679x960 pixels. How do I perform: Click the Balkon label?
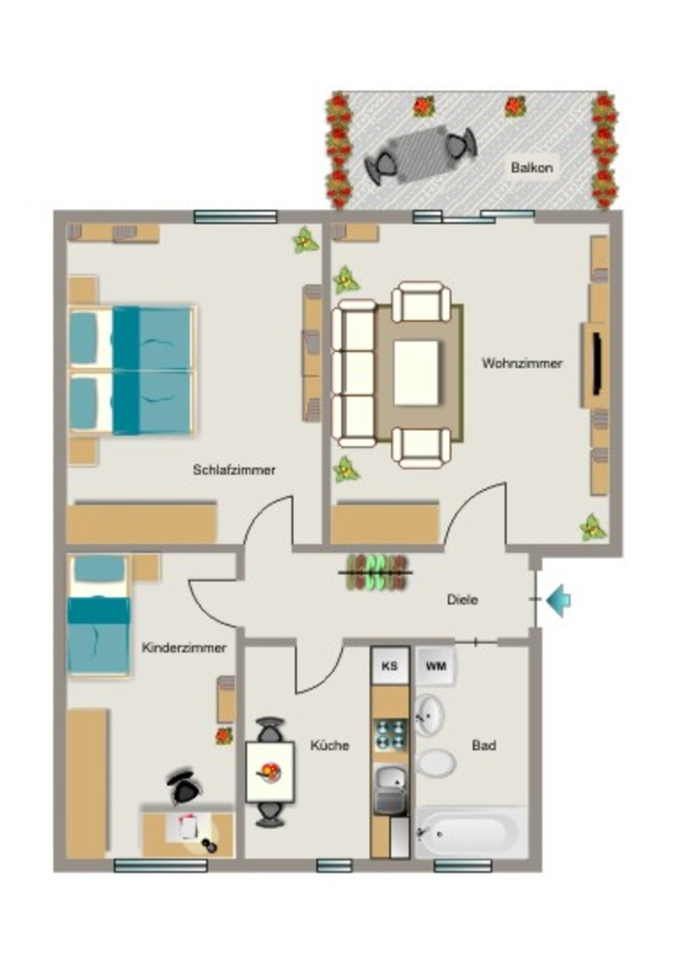click(x=532, y=167)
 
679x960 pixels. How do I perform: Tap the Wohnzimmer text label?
click(x=521, y=363)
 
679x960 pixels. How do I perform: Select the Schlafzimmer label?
click(x=234, y=470)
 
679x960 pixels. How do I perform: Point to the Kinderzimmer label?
click(x=184, y=647)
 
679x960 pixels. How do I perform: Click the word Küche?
click(x=329, y=745)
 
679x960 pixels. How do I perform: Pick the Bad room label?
click(x=484, y=745)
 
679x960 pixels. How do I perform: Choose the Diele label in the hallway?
click(x=462, y=599)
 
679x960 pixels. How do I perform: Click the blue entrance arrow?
click(x=558, y=600)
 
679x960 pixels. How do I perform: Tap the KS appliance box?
click(x=389, y=666)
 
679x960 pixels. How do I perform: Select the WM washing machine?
click(x=435, y=667)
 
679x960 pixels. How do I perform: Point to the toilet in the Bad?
click(x=436, y=763)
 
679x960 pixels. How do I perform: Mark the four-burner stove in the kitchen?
click(x=391, y=735)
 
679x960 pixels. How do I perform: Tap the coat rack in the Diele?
click(x=376, y=573)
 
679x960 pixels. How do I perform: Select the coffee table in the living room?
click(x=416, y=373)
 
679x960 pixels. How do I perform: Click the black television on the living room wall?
click(x=598, y=364)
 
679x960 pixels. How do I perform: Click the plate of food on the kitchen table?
click(x=269, y=772)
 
